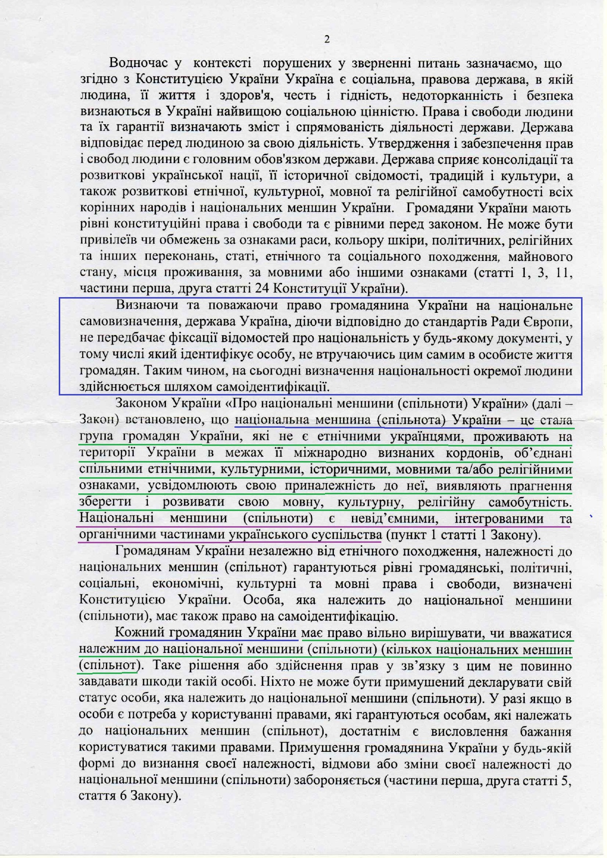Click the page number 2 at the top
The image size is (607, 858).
pos(327,40)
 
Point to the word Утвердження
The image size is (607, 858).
pos(404,144)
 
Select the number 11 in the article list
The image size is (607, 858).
pos(564,273)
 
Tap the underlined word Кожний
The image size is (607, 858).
pos(139,633)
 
